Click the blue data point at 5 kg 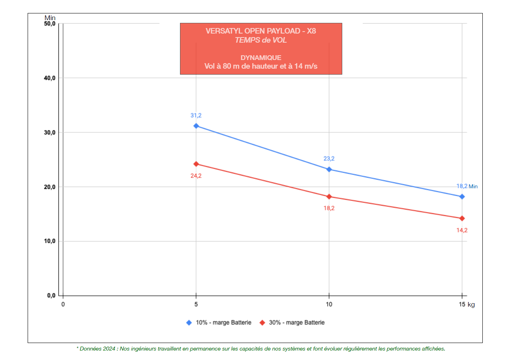(x=196, y=126)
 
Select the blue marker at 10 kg (x=329, y=169)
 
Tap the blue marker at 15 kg (x=462, y=197)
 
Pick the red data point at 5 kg (x=196, y=164)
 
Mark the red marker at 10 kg (x=329, y=197)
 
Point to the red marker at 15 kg (x=462, y=218)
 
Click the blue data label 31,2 (x=196, y=116)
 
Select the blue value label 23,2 (x=329, y=159)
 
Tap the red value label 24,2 (x=196, y=176)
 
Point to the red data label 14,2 (x=462, y=230)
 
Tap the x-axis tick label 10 (x=329, y=304)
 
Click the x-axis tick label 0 (x=63, y=304)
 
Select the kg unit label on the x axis (x=471, y=304)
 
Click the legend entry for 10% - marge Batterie (x=223, y=322)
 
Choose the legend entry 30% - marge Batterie (x=296, y=322)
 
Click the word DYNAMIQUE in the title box (x=261, y=58)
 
